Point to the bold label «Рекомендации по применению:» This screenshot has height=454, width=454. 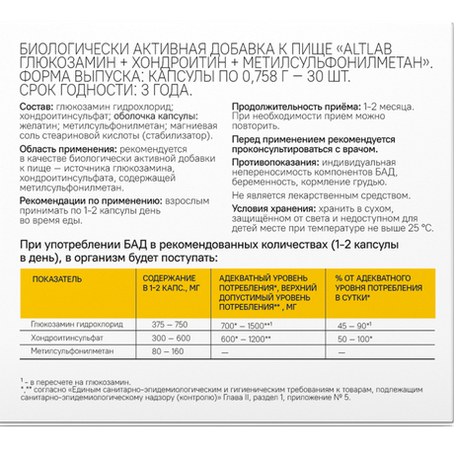pos(88,199)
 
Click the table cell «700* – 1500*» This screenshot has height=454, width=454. pos(246,324)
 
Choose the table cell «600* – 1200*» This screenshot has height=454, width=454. pos(246,337)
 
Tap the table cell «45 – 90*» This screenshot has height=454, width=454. pos(354,324)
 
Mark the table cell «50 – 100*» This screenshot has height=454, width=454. pos(354,337)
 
